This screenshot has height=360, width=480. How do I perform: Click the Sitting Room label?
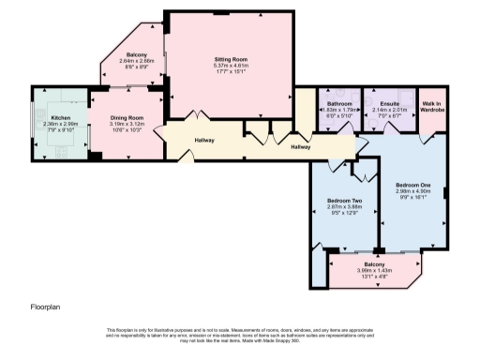point(229,58)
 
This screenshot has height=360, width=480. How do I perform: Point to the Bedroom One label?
point(413,185)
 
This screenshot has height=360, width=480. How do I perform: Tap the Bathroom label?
point(339,103)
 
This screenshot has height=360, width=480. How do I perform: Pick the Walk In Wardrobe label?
point(432,106)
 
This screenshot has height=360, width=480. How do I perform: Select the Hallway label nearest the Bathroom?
point(301,147)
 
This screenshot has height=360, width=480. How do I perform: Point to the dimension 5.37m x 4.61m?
point(229,66)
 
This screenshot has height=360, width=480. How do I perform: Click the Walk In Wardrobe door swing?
point(429,138)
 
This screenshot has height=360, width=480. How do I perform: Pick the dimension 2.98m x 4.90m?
point(413,191)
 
